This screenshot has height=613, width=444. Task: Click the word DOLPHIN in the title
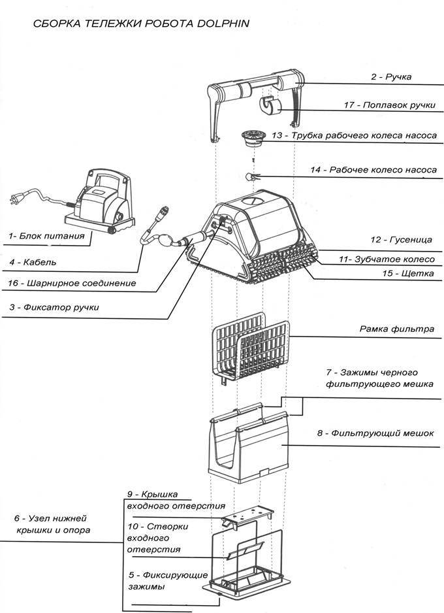[223, 24]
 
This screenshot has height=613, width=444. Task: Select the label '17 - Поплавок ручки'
[389, 105]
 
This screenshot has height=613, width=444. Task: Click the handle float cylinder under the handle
[270, 106]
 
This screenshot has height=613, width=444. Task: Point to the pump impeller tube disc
[253, 138]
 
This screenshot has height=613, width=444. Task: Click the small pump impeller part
[251, 176]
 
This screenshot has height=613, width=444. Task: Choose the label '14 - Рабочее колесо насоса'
[373, 170]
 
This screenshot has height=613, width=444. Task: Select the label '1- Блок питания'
[46, 236]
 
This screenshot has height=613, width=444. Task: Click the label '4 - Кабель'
[33, 262]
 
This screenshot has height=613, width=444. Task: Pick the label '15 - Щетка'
[407, 273]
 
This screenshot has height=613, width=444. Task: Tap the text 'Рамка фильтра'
[397, 329]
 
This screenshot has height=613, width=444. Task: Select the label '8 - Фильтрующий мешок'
[375, 433]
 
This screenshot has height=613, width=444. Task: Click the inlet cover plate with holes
[247, 516]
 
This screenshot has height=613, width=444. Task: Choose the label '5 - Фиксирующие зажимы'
[168, 580]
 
